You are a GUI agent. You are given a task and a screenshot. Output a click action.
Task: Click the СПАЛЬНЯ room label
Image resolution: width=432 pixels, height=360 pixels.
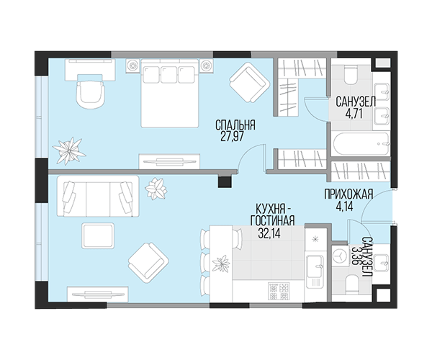[235, 125]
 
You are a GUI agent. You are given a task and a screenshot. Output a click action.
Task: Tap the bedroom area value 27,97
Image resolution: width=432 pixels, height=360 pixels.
[233, 137]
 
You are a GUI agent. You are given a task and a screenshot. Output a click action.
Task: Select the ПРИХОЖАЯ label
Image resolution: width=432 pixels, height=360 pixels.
[348, 194]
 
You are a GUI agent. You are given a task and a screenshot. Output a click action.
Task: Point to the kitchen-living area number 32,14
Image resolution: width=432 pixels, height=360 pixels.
[269, 233]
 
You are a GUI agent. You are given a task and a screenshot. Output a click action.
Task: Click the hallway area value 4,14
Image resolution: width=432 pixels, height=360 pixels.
[344, 206]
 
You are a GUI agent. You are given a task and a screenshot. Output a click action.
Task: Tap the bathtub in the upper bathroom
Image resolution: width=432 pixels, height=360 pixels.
[361, 144]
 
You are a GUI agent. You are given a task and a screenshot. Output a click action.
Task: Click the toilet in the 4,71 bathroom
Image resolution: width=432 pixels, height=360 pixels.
[350, 75]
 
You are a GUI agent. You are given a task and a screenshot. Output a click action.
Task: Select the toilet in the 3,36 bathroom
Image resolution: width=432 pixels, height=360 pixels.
[351, 283]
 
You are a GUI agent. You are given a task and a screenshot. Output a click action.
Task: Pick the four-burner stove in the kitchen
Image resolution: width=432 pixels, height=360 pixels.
[279, 292]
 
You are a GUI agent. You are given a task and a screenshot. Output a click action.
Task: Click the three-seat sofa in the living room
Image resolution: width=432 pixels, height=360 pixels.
[97, 197]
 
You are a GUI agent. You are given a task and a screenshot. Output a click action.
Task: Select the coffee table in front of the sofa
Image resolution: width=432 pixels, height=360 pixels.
[98, 236]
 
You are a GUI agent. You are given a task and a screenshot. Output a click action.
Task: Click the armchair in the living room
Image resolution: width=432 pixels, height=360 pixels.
[148, 263]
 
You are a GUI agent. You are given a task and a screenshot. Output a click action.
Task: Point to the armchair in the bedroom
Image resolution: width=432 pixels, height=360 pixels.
[249, 83]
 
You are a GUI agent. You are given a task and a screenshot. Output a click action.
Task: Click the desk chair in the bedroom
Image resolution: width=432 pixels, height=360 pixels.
[91, 95]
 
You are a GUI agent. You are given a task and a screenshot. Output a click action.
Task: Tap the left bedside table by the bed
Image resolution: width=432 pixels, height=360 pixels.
[133, 66]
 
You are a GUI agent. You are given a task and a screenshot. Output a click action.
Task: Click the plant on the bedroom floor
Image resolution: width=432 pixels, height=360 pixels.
[69, 150]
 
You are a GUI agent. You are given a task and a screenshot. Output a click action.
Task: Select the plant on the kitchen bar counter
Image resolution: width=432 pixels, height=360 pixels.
[221, 264]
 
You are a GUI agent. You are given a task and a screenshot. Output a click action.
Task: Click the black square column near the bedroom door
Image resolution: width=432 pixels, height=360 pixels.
[225, 181]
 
